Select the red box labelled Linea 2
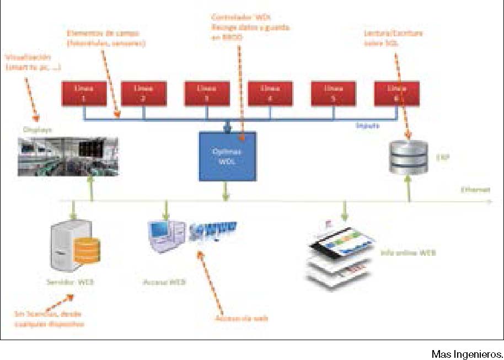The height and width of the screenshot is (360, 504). click(x=143, y=93)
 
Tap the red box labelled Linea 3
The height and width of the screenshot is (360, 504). click(x=206, y=93)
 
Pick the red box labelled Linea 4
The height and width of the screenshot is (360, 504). click(x=270, y=93)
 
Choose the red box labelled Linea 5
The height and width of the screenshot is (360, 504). click(x=334, y=93)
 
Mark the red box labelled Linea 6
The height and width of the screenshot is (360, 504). click(x=396, y=93)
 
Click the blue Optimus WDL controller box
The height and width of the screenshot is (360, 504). click(x=227, y=156)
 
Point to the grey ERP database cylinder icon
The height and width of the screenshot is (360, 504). click(x=408, y=157)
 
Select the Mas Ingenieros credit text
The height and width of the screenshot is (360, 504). click(x=467, y=353)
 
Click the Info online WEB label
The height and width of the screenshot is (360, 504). click(x=409, y=253)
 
